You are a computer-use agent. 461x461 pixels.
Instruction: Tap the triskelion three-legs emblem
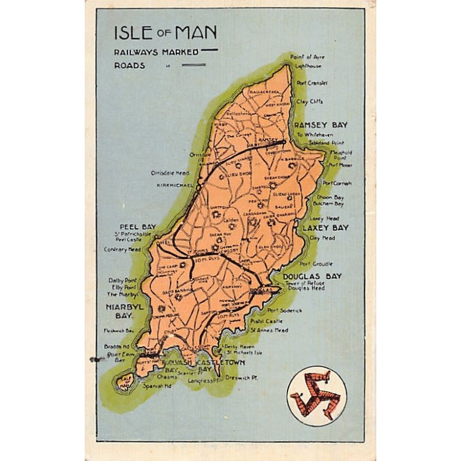click(316, 396)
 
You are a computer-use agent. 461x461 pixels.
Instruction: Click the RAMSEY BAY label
click(321, 124)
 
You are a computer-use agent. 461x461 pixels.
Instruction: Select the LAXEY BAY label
click(326, 228)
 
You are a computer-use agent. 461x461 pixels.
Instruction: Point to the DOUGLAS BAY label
click(312, 276)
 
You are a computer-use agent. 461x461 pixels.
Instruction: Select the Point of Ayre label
click(307, 57)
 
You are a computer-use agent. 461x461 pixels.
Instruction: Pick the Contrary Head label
click(123, 250)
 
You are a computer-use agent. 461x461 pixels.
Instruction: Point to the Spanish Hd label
click(157, 386)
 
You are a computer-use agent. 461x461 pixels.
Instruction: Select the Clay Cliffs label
click(309, 101)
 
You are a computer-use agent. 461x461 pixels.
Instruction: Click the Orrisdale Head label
click(170, 172)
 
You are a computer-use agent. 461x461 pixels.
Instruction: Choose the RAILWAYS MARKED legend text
click(156, 51)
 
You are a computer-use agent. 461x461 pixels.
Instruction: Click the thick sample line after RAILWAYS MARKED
click(209, 50)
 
